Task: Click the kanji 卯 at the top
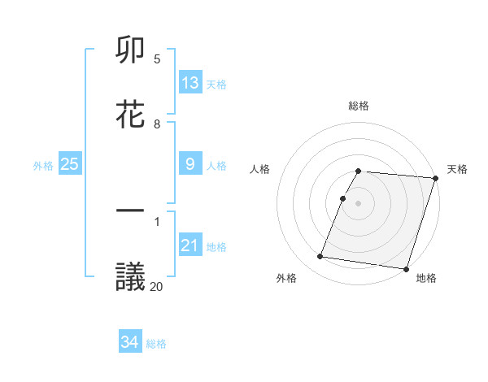(x=131, y=51)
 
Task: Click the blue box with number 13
(x=190, y=82)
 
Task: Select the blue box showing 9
(x=190, y=163)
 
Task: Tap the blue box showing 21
(x=190, y=245)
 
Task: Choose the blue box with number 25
(x=70, y=163)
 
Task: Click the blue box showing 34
(x=130, y=342)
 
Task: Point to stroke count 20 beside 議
(x=157, y=285)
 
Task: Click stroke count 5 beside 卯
(x=157, y=59)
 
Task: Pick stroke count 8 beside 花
(x=157, y=124)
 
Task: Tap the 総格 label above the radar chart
(x=359, y=106)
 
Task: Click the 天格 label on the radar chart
(x=458, y=169)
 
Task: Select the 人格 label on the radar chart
(x=259, y=169)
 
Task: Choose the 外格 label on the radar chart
(x=286, y=278)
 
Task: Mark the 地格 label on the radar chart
(x=426, y=278)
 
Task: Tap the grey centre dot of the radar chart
(x=359, y=202)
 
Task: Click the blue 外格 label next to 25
(x=43, y=165)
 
